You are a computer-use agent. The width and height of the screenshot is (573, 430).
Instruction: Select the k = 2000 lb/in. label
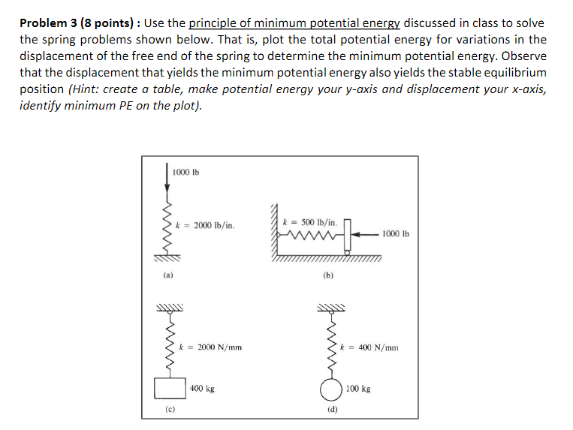point(205,224)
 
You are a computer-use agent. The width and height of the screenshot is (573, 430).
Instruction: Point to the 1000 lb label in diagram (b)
point(396,233)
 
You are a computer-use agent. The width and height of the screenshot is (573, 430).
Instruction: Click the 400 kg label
point(202,389)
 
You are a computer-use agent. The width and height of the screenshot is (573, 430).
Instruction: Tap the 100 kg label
point(358,389)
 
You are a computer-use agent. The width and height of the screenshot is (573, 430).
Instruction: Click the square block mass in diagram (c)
point(169,389)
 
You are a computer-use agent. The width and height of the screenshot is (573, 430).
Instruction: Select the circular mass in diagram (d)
point(329,390)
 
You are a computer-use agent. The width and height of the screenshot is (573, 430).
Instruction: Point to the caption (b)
point(328,275)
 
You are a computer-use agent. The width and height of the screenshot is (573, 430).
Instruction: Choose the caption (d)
point(331,410)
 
